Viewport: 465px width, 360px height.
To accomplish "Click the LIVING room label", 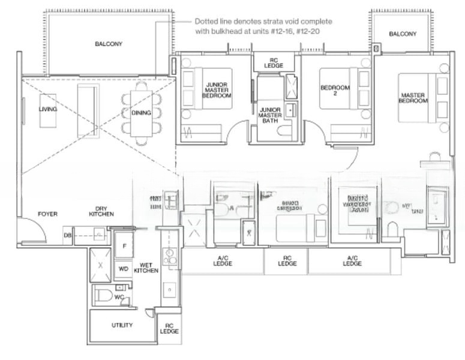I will click(x=47, y=109).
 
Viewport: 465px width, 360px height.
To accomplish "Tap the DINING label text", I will click(x=141, y=112).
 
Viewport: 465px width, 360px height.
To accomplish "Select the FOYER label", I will click(x=47, y=214).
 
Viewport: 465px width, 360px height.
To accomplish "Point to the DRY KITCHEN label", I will click(x=101, y=211).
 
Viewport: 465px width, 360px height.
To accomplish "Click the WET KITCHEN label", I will click(x=149, y=268).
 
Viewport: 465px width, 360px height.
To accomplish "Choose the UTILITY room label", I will click(x=122, y=325).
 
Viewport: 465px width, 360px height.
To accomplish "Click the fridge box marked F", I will click(x=123, y=245).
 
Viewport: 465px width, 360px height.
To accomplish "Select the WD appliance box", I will click(x=123, y=268).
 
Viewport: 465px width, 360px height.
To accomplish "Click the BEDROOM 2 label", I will click(x=334, y=91).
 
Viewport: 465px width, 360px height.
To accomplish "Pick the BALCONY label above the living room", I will click(x=109, y=44).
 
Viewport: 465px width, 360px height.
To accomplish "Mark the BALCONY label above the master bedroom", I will click(x=402, y=34).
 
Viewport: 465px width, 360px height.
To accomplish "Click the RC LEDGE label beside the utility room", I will click(x=169, y=328).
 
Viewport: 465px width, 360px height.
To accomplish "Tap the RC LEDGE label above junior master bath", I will click(x=274, y=62).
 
